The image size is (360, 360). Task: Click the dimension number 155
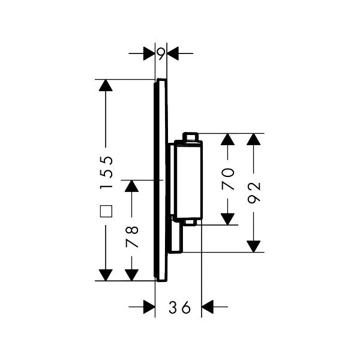click(106, 172)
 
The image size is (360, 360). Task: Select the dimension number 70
click(228, 178)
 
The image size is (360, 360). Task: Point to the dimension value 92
click(254, 193)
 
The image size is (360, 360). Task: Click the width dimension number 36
click(179, 308)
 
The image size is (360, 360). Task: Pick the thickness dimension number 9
click(161, 53)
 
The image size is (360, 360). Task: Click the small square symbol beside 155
click(106, 211)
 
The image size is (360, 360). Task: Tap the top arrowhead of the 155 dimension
click(106, 86)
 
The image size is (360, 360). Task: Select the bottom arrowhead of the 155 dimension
click(106, 274)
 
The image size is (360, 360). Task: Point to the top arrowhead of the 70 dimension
click(228, 140)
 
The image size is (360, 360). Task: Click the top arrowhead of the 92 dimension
click(254, 140)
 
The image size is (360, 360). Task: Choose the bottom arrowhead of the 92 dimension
click(254, 245)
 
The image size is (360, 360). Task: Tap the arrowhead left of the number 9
click(149, 53)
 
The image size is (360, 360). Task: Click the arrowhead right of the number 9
click(173, 53)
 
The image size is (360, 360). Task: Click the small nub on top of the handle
click(190, 137)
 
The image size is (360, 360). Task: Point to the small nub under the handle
click(190, 223)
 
